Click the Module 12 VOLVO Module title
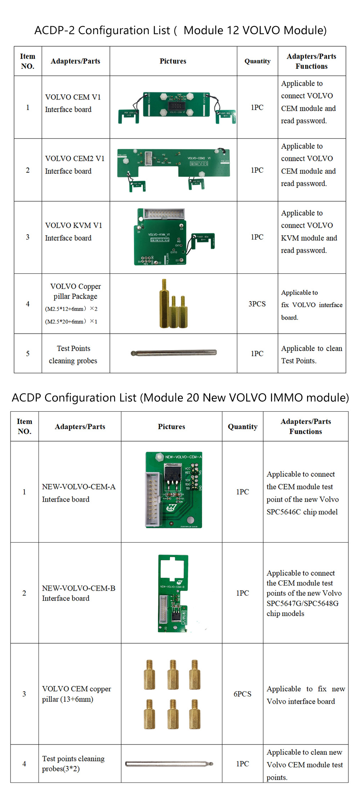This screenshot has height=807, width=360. [x=180, y=30]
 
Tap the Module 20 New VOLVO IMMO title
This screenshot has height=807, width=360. [x=180, y=398]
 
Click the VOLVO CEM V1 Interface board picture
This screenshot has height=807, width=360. [x=176, y=107]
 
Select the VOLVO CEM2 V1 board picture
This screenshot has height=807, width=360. [x=174, y=167]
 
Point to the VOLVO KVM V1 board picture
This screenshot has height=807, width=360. [x=169, y=237]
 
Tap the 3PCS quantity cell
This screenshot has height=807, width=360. [x=257, y=304]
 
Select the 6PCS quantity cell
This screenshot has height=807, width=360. [x=242, y=694]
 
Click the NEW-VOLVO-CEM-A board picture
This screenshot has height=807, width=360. [x=174, y=490]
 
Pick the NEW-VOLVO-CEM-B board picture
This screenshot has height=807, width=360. [x=173, y=593]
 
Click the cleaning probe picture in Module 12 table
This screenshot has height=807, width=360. [x=174, y=353]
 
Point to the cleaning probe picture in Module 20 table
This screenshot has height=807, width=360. [x=169, y=763]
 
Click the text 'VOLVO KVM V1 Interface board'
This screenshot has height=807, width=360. [x=73, y=231]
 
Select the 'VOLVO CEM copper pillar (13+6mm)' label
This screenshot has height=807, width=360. [x=76, y=694]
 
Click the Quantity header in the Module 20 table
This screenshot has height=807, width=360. [x=242, y=427]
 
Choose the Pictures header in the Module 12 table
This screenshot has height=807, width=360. [x=173, y=61]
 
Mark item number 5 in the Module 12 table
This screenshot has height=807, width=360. [x=28, y=353]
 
